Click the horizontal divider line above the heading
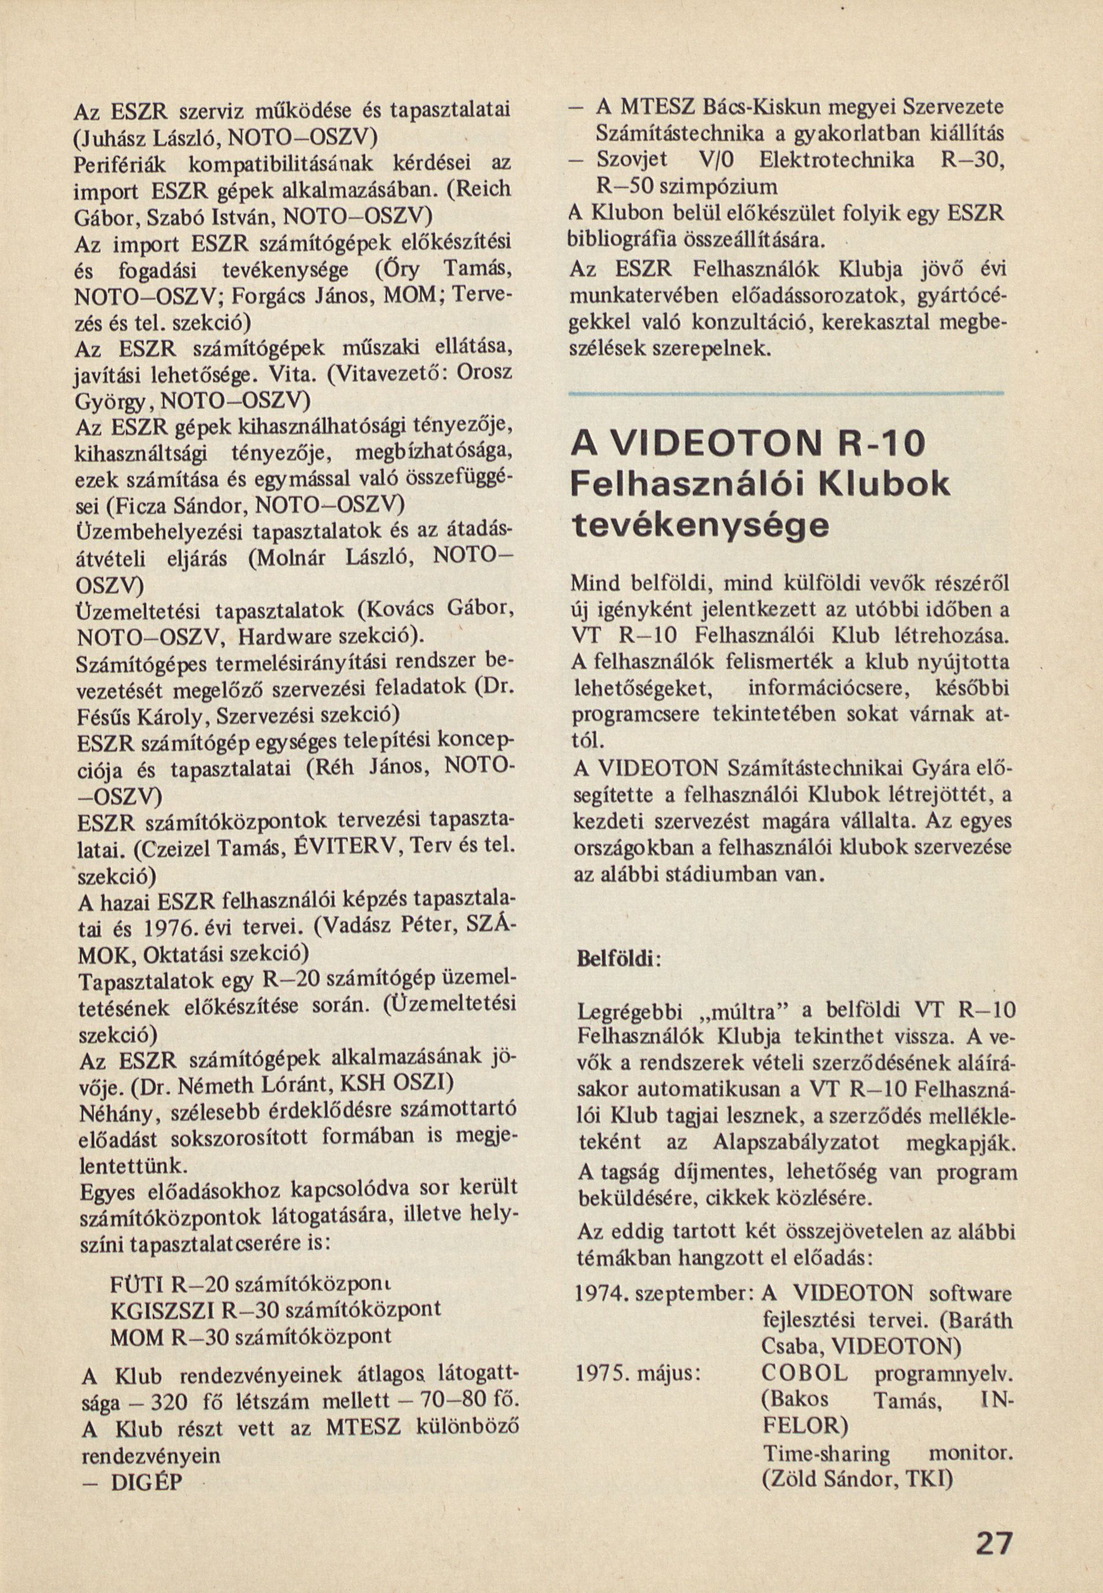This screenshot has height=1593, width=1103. coord(786,394)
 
